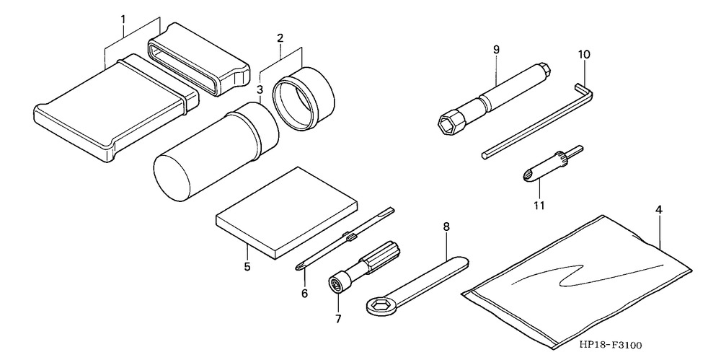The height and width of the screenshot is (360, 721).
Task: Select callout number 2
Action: click(x=280, y=37)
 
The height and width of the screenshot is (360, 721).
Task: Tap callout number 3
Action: click(x=260, y=89)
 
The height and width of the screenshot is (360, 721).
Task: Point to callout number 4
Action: click(x=658, y=211)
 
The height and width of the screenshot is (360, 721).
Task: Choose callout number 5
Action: click(x=247, y=266)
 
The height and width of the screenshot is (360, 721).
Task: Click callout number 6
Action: click(x=304, y=293)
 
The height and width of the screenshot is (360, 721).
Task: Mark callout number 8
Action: click(x=446, y=227)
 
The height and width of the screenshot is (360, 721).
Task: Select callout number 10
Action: click(x=583, y=54)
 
